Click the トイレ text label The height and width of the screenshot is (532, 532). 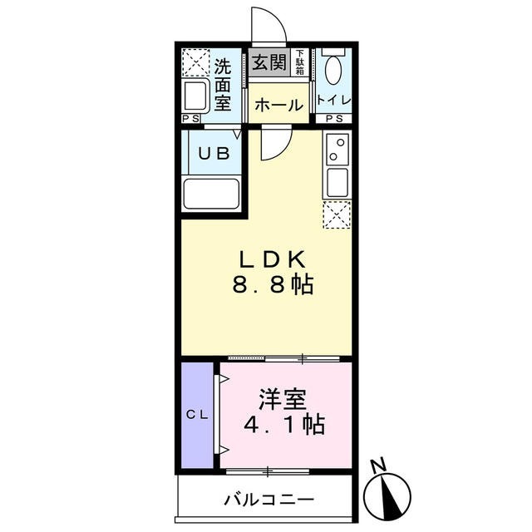click(x=334, y=101)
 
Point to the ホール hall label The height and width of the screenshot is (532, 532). click(x=278, y=106)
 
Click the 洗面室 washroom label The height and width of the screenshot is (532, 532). click(x=222, y=84)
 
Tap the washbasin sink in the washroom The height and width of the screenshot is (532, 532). click(x=196, y=96)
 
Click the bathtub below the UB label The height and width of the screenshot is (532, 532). click(x=211, y=195)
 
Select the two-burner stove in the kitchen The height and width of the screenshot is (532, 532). click(x=336, y=150)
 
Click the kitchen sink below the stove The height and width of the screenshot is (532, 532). click(x=336, y=182)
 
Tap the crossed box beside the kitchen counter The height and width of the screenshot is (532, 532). click(x=336, y=215)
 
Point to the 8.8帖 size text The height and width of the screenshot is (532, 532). click(x=273, y=285)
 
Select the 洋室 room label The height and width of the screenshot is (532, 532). click(x=280, y=400)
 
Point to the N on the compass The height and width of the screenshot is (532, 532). click(x=378, y=464)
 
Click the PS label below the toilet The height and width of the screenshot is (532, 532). click(x=334, y=120)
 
